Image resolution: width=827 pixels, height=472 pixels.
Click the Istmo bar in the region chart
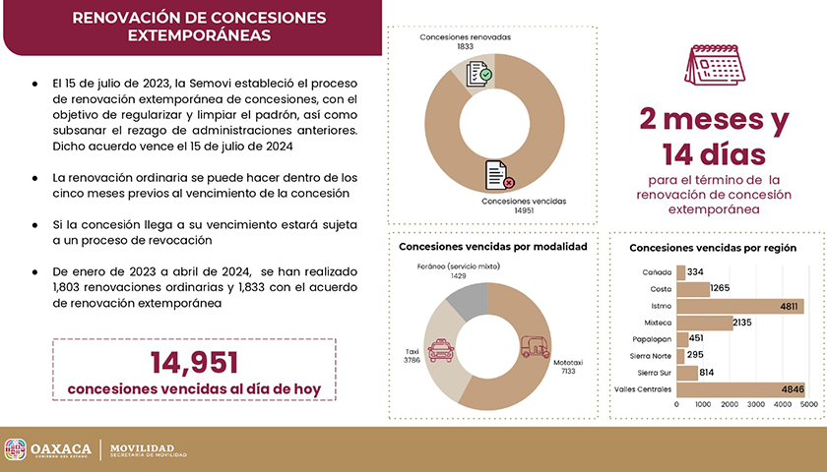(740, 306)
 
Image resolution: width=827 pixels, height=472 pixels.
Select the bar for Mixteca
(705, 323)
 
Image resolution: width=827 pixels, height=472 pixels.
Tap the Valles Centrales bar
(740, 389)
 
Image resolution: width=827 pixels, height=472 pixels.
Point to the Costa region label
(661, 289)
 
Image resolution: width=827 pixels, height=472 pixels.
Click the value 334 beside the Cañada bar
(695, 271)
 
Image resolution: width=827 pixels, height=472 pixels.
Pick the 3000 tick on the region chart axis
(756, 404)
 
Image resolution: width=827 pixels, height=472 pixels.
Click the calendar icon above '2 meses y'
(715, 65)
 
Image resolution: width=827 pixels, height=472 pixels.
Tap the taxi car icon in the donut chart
(441, 350)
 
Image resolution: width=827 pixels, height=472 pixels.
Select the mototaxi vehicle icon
(535, 346)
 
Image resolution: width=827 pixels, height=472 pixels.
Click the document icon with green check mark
(478, 74)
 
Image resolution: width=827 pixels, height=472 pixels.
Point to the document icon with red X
(499, 175)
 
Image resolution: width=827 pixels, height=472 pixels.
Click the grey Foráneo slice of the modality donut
(470, 300)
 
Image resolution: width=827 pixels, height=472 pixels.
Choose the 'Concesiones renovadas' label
(465, 37)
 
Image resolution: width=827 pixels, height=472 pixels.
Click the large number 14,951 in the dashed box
(194, 363)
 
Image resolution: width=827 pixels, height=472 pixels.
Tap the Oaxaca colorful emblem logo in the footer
(16, 450)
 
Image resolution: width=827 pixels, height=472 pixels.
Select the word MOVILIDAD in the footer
(142, 447)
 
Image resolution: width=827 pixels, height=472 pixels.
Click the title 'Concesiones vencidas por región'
(713, 248)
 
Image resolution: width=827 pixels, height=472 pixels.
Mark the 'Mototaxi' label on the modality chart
(568, 363)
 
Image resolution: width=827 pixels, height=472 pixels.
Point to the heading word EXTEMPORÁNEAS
(199, 35)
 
